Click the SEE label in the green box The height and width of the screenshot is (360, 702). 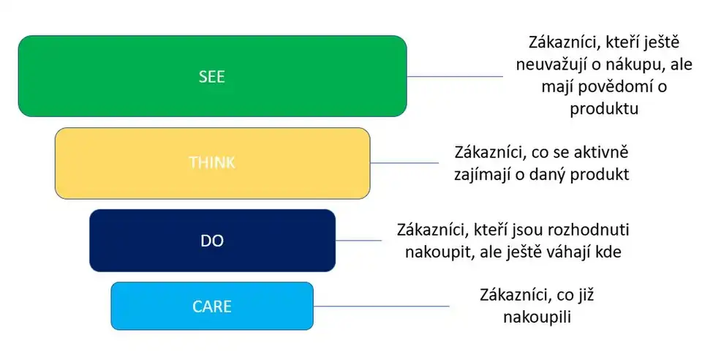click(x=212, y=77)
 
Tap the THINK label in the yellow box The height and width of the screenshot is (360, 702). click(x=212, y=162)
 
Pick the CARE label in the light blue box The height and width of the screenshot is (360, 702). click(x=212, y=306)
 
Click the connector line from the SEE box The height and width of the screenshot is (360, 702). click(x=455, y=76)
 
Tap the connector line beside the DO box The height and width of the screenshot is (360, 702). click(x=358, y=240)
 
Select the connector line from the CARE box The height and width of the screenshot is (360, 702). click(x=380, y=306)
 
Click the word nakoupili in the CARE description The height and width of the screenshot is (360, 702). click(x=537, y=317)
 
